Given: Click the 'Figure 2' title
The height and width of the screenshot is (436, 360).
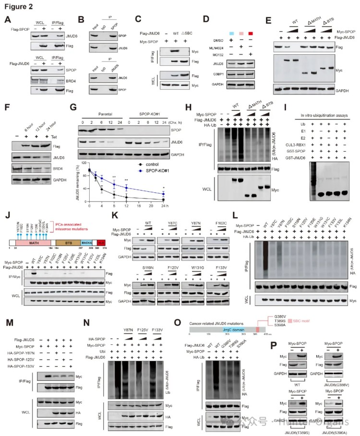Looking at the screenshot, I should pos(18,5).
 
